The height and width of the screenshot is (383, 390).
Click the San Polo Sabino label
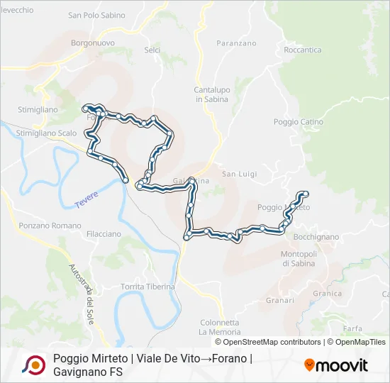click(96, 15)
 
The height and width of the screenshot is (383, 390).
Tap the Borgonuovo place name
click(93, 43)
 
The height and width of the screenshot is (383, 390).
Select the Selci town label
click(152, 50)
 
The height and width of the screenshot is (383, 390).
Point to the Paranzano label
click(216, 43)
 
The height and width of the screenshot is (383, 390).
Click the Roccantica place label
click(302, 50)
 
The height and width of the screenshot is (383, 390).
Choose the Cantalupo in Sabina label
click(211, 94)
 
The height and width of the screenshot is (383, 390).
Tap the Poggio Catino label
click(299, 122)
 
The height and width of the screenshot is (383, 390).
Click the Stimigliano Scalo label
click(46, 133)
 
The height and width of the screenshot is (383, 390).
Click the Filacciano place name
click(104, 233)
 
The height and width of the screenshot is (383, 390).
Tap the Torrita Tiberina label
click(147, 286)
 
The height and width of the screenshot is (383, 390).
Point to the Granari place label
click(280, 300)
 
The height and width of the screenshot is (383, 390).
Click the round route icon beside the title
click(33, 365)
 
